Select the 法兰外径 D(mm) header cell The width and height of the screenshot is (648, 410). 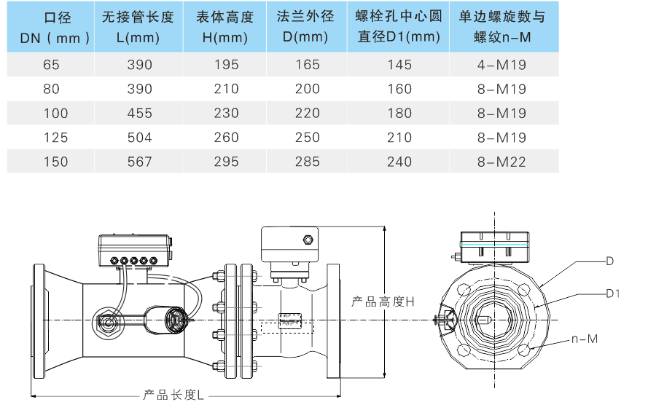coord(306,27)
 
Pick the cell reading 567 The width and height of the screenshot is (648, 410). coord(139,162)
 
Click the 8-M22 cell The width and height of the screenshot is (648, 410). coord(501,162)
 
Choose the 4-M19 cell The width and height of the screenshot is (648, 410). coord(501,65)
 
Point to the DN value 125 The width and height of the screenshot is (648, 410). coord(56,138)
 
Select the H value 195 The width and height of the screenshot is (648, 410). coord(226,65)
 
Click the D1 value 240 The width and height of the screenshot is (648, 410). coord(399,162)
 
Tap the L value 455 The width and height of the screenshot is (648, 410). coord(139,113)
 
